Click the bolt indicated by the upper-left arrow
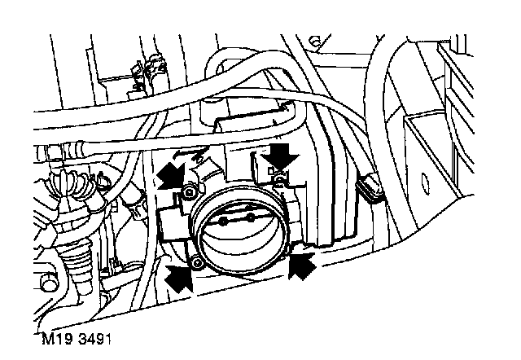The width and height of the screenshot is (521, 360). [x=189, y=192]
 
